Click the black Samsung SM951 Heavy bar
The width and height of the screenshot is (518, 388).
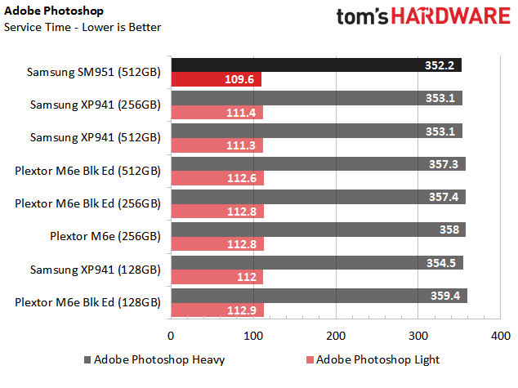coord(316,65)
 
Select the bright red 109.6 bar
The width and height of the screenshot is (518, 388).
coord(217,79)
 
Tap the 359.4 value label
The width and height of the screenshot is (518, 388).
coord(445,296)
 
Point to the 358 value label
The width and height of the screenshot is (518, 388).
coord(449,230)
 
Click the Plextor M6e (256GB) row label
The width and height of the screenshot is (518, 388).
coord(105,236)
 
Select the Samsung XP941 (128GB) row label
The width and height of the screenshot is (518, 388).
coord(95,270)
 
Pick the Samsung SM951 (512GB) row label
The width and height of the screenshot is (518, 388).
coord(93,72)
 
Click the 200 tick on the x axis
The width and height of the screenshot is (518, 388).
coord(336,336)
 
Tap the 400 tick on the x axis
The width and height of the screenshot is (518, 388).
coord(501,336)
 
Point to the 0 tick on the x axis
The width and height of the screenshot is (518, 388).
coord(171,336)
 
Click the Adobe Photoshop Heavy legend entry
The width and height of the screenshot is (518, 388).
coord(154,359)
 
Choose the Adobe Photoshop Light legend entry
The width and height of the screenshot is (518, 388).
coord(373,359)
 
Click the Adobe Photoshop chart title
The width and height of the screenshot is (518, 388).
coord(54,11)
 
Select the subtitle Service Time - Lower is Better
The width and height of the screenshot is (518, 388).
coord(83,27)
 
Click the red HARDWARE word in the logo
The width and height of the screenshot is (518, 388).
coord(451,16)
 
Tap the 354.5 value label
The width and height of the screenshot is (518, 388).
coord(441,263)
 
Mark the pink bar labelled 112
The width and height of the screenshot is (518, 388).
coord(217,277)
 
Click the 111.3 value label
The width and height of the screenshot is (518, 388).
coord(241,145)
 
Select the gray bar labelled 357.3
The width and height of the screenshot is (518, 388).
coord(319,164)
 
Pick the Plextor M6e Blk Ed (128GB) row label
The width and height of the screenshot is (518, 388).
coord(87,302)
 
